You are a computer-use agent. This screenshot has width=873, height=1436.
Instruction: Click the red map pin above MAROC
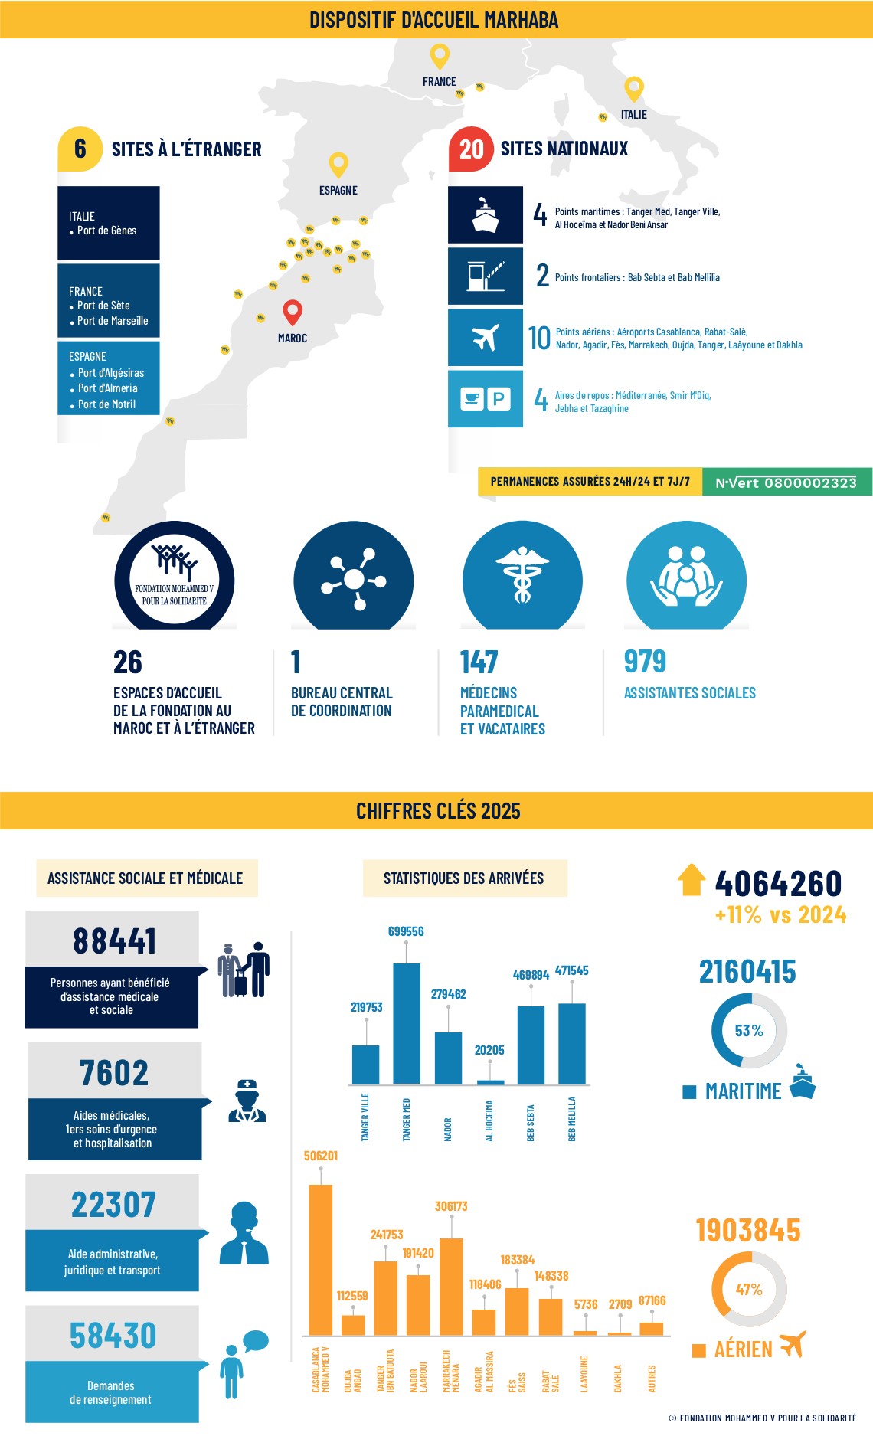[x=293, y=312]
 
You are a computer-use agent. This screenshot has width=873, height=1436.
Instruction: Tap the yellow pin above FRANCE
[x=440, y=56]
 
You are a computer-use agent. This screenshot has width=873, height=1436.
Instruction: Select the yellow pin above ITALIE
[x=634, y=88]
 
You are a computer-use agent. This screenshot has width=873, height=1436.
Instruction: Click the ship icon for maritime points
[x=486, y=214]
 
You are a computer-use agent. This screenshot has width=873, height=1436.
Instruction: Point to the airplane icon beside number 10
[x=486, y=337]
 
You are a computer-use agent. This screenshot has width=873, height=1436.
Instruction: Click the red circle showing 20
[x=471, y=149]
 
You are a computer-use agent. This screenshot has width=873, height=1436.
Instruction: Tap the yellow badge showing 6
[x=80, y=149]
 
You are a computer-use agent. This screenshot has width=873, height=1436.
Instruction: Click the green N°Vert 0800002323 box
[x=786, y=482]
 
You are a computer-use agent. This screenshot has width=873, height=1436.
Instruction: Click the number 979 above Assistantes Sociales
[x=645, y=662]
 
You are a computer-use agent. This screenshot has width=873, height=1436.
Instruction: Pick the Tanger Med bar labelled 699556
[x=407, y=1023]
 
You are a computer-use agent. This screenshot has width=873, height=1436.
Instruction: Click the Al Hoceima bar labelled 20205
[x=490, y=1082]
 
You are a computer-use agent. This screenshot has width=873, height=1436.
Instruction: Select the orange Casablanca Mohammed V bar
[x=320, y=1260]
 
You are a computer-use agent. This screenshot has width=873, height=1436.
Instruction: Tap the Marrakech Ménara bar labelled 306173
[x=451, y=1287]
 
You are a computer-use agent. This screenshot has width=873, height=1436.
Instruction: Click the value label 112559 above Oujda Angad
[x=352, y=1296]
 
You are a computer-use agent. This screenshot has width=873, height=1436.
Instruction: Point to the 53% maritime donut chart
[x=749, y=1031]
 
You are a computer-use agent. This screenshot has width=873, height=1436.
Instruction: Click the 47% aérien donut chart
[x=749, y=1290]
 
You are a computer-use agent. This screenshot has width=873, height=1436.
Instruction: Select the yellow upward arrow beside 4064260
[x=691, y=880]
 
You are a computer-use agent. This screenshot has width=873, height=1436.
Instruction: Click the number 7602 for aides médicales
[x=114, y=1073]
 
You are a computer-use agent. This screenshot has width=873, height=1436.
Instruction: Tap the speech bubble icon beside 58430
[x=255, y=1341]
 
